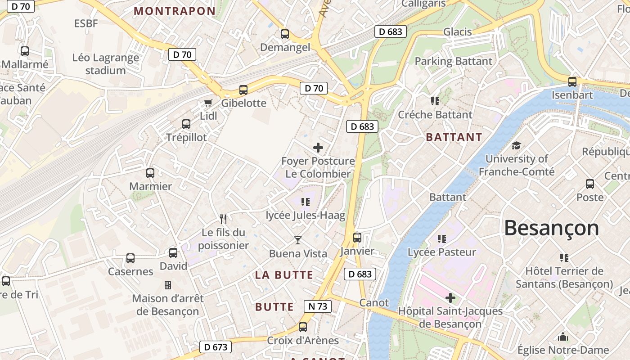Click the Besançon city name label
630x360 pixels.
[x=551, y=228]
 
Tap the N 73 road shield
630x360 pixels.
[x=317, y=306]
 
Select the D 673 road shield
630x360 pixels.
[x=216, y=347]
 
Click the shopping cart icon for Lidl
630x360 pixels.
[x=208, y=103]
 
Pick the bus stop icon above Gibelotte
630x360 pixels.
[x=243, y=90]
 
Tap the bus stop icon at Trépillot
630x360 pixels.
[x=186, y=124]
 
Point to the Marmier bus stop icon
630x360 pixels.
[x=150, y=173]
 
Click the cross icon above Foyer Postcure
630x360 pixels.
[x=318, y=148]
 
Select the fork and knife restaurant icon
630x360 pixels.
[x=223, y=219]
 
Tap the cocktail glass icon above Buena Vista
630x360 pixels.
[x=297, y=240]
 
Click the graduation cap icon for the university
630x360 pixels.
[x=516, y=145]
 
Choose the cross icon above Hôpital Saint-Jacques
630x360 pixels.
[x=450, y=298]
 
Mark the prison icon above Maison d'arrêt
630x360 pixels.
[x=168, y=285]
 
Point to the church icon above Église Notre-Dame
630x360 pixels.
[x=563, y=337]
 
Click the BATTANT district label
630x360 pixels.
[x=454, y=137]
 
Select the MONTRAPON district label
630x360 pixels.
[x=175, y=11]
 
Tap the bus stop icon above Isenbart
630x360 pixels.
[x=572, y=82]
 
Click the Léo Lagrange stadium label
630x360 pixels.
[x=106, y=64]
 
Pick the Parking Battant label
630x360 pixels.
[x=453, y=61]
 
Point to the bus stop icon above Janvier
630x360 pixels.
[x=357, y=238]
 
